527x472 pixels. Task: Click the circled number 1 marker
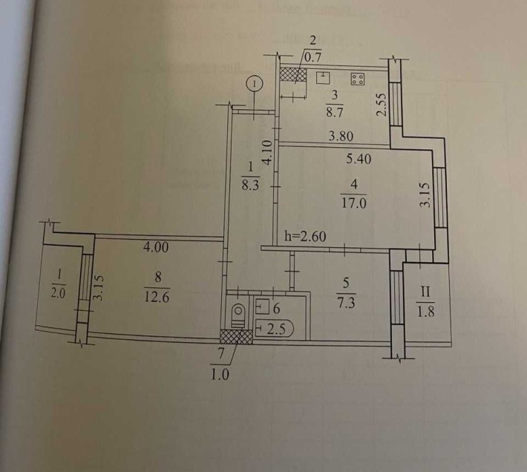255,85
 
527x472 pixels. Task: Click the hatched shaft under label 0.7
293,75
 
